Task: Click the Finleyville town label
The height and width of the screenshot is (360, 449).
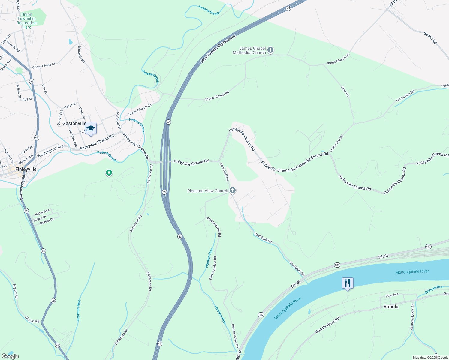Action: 26,169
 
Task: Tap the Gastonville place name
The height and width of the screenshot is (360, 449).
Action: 74,123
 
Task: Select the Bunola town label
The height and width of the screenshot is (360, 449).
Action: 391,307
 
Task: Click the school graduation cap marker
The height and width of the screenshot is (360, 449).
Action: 91,129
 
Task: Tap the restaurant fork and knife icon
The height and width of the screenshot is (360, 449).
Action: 348,283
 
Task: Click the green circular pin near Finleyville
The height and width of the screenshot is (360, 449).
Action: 109,173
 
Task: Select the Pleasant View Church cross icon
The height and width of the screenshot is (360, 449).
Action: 232,190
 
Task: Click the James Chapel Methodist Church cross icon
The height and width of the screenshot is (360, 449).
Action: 270,50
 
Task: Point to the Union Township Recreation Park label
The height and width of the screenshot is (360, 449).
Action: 27,21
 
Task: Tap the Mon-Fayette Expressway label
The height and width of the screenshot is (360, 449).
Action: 218,49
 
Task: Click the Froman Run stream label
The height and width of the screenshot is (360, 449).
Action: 79,310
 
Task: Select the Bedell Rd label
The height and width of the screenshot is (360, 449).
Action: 430,37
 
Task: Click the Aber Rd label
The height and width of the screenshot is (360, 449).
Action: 345,91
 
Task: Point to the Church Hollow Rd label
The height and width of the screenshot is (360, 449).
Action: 413,317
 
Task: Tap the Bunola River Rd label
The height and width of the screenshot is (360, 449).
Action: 327,325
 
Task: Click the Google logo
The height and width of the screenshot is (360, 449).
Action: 10,356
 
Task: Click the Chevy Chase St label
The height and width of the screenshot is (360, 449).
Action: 44,66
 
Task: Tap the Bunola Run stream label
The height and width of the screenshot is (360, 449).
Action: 434,289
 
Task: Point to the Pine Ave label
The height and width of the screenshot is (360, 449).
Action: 392,295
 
